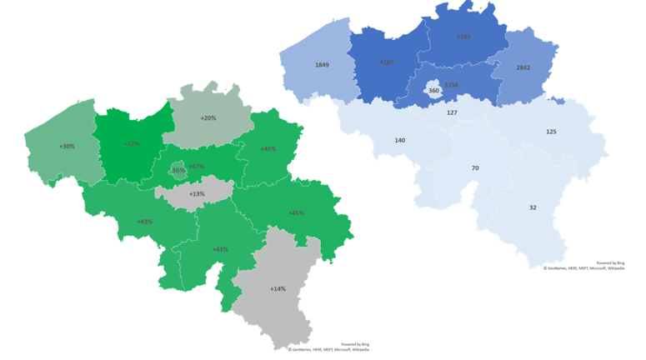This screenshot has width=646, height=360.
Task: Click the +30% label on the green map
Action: point(67,147)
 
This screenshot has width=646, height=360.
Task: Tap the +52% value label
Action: point(131,143)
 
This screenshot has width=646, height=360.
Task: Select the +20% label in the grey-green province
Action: point(208,118)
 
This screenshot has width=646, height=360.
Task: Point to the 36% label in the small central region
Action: point(178,170)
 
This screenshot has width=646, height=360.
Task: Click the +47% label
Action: point(196,166)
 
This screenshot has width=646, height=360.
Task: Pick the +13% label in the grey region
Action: point(197,194)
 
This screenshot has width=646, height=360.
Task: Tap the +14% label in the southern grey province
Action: point(278,288)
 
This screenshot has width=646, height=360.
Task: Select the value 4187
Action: point(386,62)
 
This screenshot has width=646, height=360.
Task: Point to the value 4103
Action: point(463,37)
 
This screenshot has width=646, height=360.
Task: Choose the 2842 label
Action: point(523,67)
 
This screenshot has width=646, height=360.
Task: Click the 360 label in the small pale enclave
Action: point(433,90)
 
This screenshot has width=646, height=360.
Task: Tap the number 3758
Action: point(451,85)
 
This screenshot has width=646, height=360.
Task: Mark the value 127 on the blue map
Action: point(452,112)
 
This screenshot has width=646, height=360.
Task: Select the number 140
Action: point(400,140)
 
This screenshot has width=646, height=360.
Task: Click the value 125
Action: point(551,132)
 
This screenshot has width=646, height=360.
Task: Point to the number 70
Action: point(475,168)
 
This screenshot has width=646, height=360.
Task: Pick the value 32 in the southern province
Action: point(533,207)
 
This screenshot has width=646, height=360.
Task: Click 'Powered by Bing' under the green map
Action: point(354,343)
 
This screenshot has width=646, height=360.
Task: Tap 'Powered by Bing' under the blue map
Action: point(609,262)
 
